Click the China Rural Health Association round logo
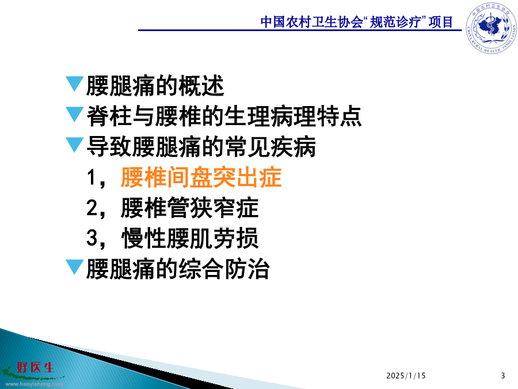click(x=492, y=28)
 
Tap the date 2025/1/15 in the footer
click(x=406, y=376)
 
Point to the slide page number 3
click(x=503, y=376)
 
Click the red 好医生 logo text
click(x=36, y=367)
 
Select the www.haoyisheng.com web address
click(x=35, y=384)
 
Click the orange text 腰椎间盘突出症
click(x=201, y=177)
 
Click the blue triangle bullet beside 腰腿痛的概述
click(x=75, y=84)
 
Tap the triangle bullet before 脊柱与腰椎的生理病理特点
click(x=75, y=114)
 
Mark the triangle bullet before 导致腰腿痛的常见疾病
click(x=75, y=145)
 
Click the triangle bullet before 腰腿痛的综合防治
click(x=75, y=267)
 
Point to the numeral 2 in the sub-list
click(x=92, y=207)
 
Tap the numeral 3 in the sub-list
click(x=92, y=238)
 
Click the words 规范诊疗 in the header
click(x=395, y=22)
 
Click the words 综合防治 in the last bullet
click(x=224, y=269)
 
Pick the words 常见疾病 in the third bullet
click(x=271, y=147)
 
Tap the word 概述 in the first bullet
click(x=201, y=86)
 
